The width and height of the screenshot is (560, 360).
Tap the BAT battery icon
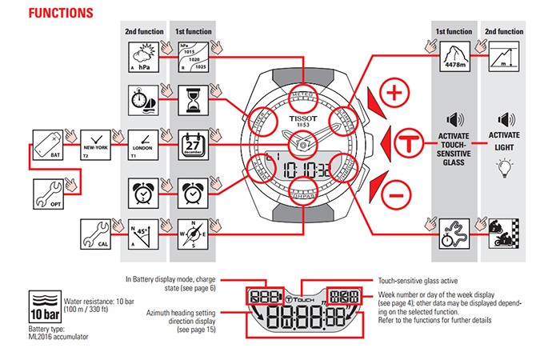[x=46, y=144]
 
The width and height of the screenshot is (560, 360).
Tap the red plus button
[x=393, y=94]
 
